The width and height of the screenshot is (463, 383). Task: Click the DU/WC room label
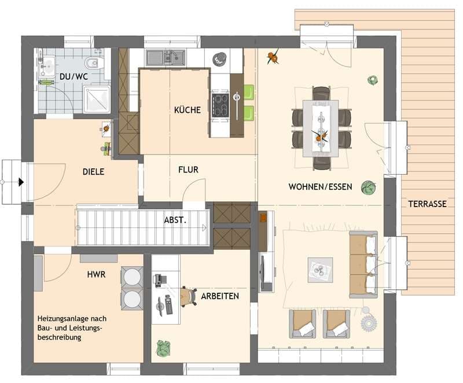pos(74,76)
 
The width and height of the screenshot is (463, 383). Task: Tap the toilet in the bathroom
pos(94,62)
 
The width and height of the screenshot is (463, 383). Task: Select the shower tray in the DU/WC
pos(97,99)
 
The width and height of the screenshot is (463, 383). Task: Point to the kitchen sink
pos(166,57)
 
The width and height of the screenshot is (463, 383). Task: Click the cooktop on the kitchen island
pos(221,105)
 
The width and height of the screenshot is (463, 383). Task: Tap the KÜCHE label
pos(187,110)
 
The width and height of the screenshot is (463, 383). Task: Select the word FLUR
pos(189,170)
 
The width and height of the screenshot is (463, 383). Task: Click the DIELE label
pos(93,171)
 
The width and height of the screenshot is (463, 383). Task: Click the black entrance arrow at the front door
pos(21,182)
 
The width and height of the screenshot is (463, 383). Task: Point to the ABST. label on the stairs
pos(175,220)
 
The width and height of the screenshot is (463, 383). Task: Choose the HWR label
pos(96,274)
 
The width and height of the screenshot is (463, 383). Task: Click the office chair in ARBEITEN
pos(189,296)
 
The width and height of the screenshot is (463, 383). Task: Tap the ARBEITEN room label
pos(220,296)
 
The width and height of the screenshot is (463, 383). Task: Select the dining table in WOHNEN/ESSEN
pos(321,128)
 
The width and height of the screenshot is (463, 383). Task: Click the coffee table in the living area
pos(320,270)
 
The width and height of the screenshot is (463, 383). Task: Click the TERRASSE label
pos(427,204)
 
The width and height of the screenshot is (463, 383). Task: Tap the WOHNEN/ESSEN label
pos(321,186)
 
